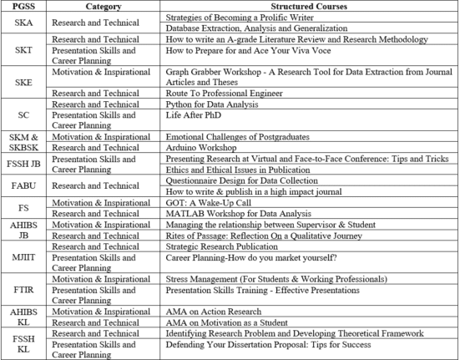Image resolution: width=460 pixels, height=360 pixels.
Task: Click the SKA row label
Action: tap(24, 23)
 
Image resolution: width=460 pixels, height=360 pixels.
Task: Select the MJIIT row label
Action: tap(24, 256)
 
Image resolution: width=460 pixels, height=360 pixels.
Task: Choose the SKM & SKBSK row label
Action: tap(24, 141)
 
